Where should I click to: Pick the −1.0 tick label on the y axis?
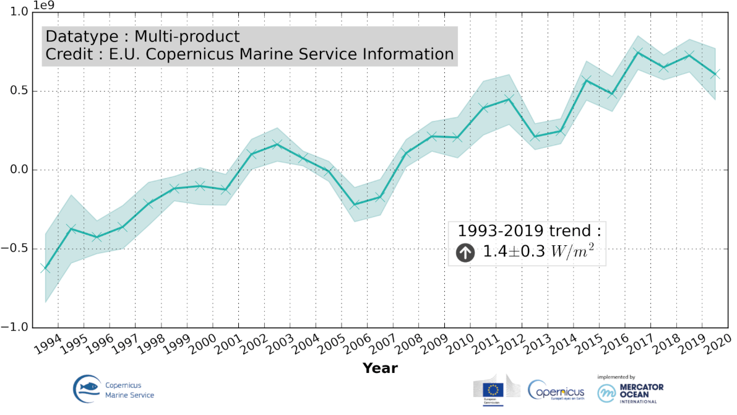(19, 327)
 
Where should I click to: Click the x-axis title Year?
(380, 369)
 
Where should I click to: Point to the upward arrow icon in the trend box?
(465, 252)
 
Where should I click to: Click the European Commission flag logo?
(493, 388)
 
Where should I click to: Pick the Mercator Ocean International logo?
(630, 391)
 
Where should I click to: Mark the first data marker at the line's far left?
(45, 268)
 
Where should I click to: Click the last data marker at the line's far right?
(715, 74)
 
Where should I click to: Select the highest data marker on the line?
(638, 52)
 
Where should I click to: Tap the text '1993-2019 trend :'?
(529, 231)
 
